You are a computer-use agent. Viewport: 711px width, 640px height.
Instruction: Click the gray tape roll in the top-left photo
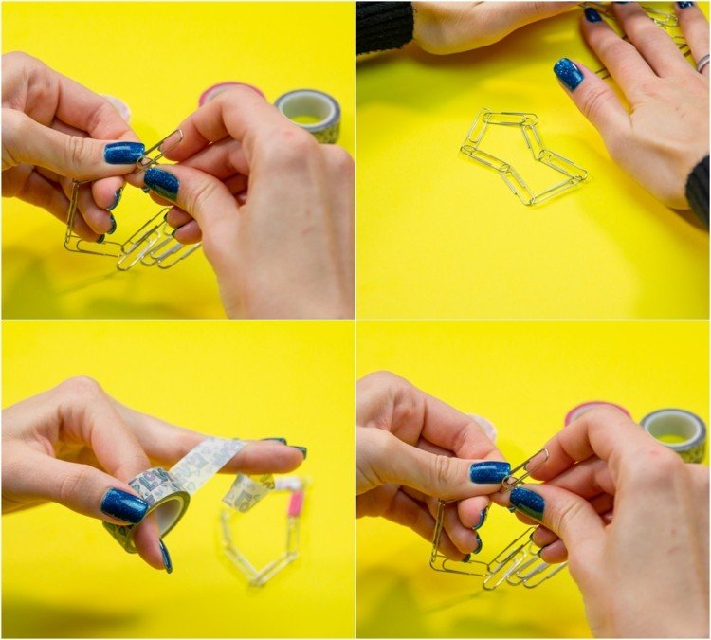click(x=310, y=113)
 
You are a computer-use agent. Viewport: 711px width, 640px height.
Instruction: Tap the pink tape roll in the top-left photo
click(x=231, y=90)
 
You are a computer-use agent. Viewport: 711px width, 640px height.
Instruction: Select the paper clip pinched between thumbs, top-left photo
click(x=163, y=148)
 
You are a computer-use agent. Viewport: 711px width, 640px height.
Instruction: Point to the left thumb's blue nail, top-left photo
click(x=123, y=153)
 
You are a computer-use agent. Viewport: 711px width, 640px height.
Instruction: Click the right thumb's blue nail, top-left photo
click(x=161, y=182)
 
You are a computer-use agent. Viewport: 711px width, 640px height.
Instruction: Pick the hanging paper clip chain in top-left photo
click(x=123, y=242)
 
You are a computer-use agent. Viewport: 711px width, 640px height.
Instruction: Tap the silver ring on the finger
click(x=702, y=64)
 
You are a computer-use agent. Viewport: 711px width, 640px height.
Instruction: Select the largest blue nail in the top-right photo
click(x=569, y=74)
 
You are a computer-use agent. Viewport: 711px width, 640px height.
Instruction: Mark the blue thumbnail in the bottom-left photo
click(x=124, y=505)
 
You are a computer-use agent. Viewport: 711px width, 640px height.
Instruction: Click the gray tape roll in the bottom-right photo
click(x=674, y=432)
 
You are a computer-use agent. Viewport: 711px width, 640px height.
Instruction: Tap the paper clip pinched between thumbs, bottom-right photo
click(x=528, y=466)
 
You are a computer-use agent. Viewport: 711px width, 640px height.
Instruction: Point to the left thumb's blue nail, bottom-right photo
click(x=489, y=472)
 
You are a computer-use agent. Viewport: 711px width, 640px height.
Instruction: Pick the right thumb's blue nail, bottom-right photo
click(x=527, y=502)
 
